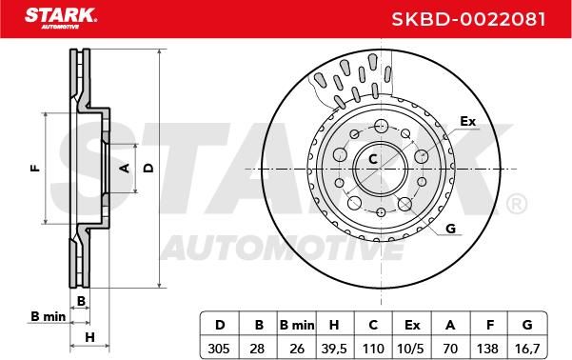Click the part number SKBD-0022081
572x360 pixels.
tap(468, 19)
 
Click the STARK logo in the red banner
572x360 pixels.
tap(61, 18)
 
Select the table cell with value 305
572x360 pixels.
tap(219, 348)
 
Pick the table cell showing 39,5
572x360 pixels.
tap(334, 348)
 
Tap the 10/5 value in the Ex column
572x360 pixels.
tap(411, 348)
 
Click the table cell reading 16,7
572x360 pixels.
tap(527, 348)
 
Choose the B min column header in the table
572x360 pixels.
tap(297, 325)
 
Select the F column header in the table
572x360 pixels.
tap(490, 325)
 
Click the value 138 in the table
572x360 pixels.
tap(487, 348)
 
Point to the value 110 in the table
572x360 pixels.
tap(373, 348)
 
